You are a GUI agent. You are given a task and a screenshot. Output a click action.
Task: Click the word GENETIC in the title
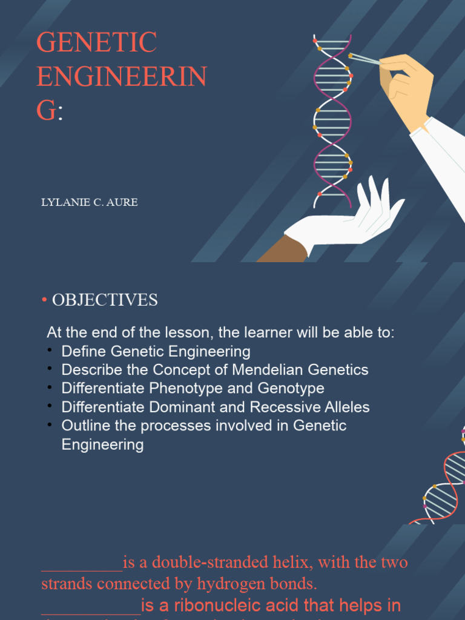click(x=97, y=43)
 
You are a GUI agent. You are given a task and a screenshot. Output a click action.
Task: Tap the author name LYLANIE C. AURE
click(x=89, y=202)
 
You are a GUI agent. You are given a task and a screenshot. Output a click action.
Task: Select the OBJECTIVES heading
click(x=105, y=300)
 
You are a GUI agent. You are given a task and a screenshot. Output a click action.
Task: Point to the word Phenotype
click(x=186, y=388)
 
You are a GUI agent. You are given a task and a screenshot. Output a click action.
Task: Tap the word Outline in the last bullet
click(x=85, y=426)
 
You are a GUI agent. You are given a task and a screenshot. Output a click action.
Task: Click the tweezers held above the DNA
click(x=365, y=59)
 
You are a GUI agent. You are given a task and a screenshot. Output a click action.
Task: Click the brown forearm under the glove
click(x=282, y=251)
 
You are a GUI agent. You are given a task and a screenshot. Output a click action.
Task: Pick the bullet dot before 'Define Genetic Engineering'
click(x=50, y=351)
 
